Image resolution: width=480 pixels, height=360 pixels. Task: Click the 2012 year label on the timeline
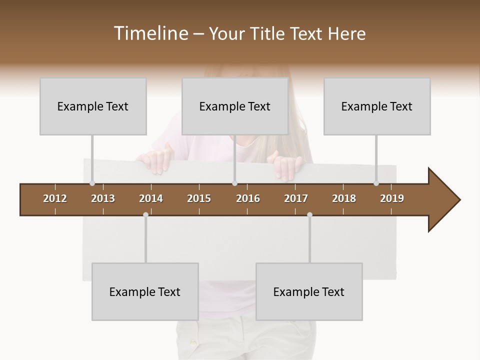(55, 198)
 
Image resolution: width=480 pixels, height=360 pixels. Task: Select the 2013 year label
(103, 198)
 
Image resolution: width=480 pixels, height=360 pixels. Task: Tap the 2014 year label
(151, 198)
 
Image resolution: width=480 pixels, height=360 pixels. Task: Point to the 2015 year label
(199, 198)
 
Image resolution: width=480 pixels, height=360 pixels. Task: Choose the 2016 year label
(248, 198)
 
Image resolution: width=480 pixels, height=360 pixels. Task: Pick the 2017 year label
(296, 198)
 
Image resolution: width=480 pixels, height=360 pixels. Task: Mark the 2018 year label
(344, 198)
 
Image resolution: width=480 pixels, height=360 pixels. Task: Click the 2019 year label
(392, 198)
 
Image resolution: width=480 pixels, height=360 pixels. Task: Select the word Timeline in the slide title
(150, 33)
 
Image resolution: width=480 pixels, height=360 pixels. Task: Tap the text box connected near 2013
(93, 106)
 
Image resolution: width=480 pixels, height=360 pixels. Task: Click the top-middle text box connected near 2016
(235, 106)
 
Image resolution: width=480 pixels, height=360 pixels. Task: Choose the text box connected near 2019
(377, 106)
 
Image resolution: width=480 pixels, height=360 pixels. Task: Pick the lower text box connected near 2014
(145, 291)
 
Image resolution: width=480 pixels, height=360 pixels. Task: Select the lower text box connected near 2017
(309, 291)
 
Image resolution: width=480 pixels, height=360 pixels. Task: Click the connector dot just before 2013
(92, 183)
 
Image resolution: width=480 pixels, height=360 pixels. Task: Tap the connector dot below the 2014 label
(145, 215)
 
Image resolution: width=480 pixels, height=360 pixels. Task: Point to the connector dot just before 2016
(234, 183)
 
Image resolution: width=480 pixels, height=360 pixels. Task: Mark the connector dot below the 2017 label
(309, 215)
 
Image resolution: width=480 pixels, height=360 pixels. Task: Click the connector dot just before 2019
(376, 183)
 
